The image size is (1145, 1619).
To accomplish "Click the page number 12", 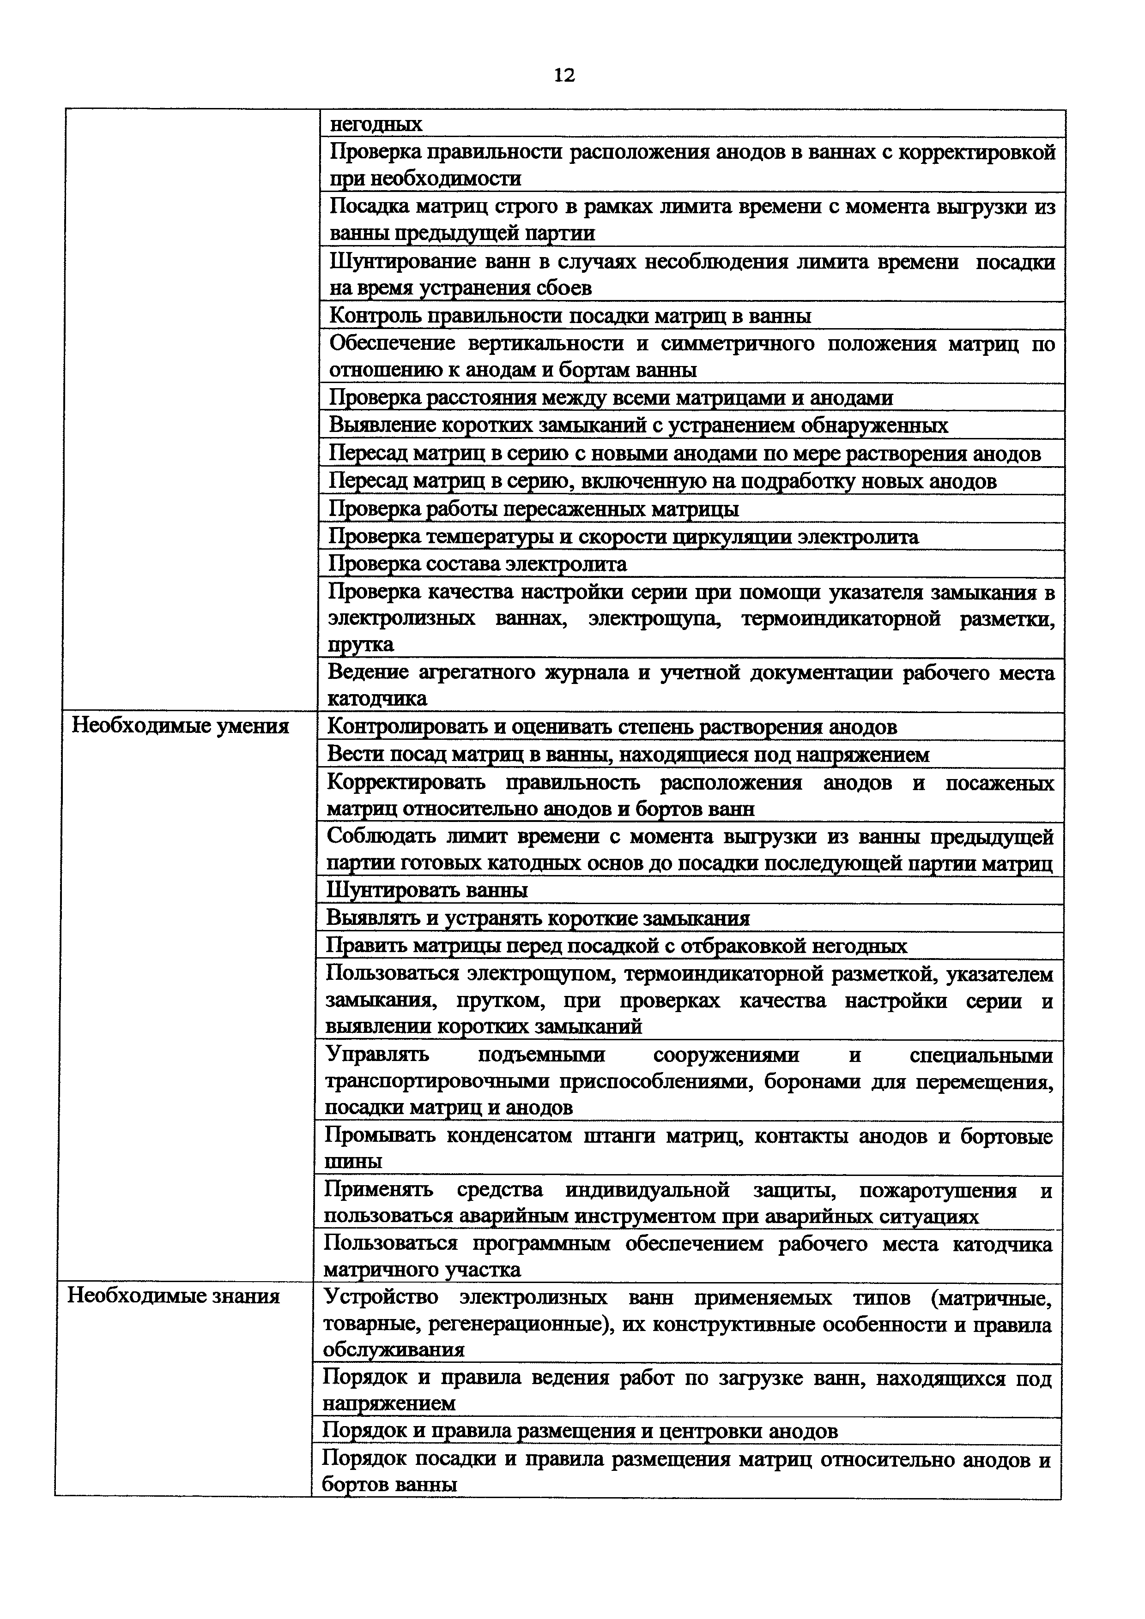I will [x=564, y=75].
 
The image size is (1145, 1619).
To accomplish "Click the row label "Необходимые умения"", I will [x=181, y=726].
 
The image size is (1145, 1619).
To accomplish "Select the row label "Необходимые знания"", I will [x=174, y=1295].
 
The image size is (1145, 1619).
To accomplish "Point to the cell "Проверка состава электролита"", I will [x=478, y=564].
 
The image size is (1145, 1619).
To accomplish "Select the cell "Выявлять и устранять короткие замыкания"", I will [x=538, y=918].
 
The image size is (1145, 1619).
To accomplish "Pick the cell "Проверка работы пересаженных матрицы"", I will [x=534, y=509].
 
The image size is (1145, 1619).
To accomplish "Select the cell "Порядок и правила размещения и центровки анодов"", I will [x=580, y=1431].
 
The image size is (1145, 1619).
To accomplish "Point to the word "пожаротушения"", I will [x=938, y=1190].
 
